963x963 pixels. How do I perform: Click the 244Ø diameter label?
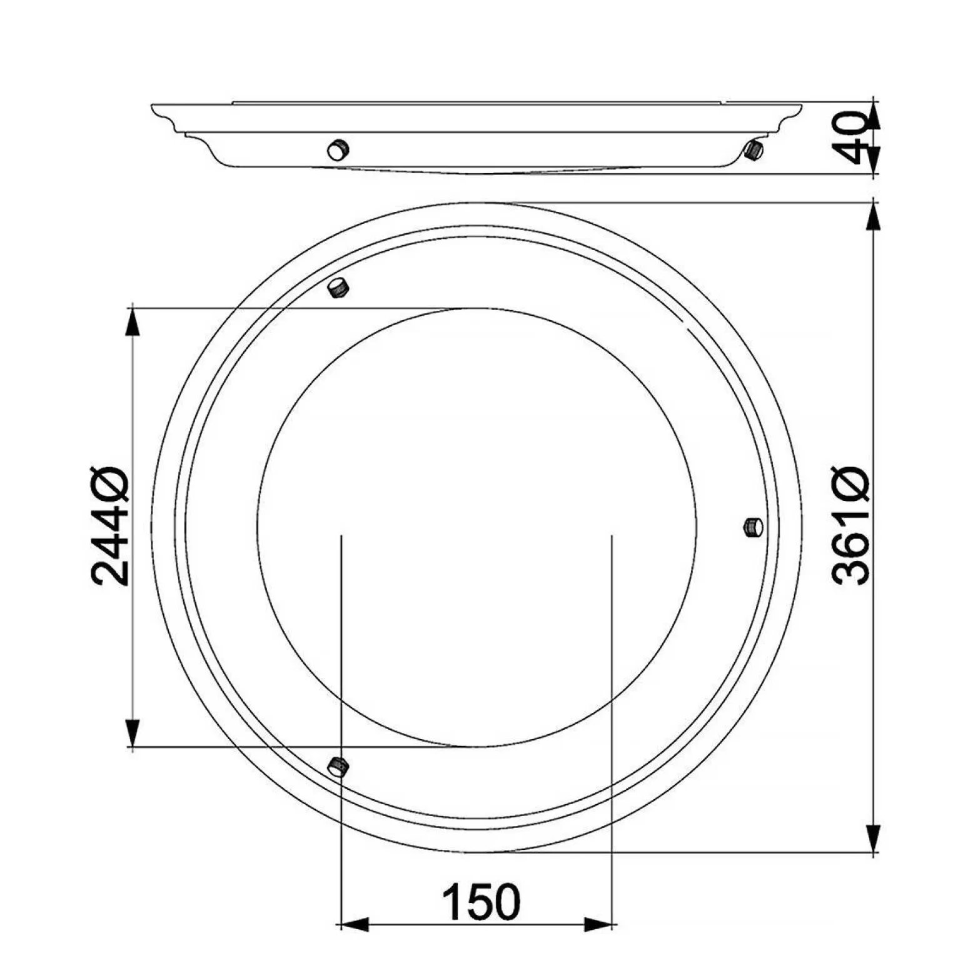(110, 527)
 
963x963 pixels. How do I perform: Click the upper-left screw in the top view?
(338, 288)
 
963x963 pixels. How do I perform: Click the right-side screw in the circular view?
(753, 527)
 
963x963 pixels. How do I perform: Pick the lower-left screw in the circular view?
(338, 765)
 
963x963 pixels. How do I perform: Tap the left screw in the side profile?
(338, 150)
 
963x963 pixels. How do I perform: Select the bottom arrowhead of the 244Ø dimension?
(132, 732)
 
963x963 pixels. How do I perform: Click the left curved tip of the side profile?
(154, 108)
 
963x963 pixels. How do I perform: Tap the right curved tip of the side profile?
(800, 108)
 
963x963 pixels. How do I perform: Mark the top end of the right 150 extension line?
(612, 536)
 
